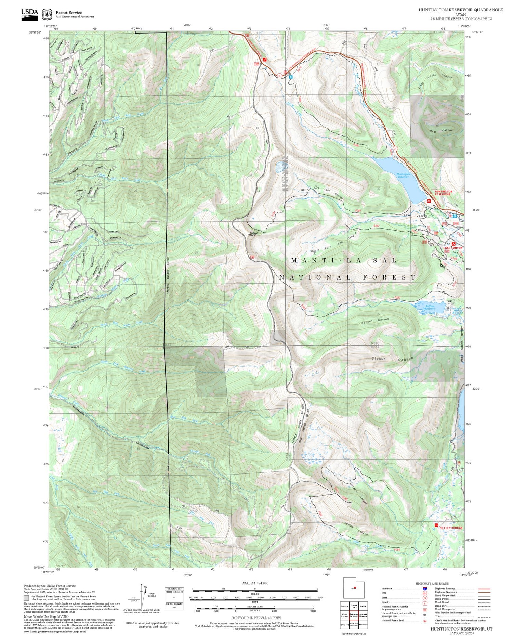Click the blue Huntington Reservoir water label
403,175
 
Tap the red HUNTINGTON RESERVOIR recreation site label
443,193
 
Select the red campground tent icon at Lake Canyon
453,244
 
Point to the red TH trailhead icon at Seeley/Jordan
436,525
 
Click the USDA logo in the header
30,14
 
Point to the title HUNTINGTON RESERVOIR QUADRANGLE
461,10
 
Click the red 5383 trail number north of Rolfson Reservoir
397,297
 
